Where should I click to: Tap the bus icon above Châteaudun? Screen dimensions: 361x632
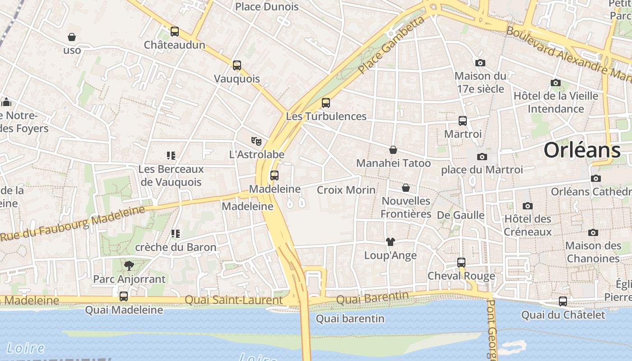coord(175,32)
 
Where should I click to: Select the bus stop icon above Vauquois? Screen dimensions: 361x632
coord(237,65)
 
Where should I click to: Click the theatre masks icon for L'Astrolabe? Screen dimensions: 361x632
coord(256,141)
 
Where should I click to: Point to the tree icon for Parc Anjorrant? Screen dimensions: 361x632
coord(129,266)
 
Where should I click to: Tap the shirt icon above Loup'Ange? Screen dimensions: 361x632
coord(390,242)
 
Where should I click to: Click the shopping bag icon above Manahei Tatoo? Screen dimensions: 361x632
coord(393,150)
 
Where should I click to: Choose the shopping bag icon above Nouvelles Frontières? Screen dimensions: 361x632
coord(406,188)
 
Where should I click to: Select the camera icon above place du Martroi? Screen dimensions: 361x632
coord(482,157)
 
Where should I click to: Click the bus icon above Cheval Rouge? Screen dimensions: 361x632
coord(461,263)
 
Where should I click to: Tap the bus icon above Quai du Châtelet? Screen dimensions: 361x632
coord(563,301)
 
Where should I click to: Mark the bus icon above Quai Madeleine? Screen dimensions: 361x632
coord(124,296)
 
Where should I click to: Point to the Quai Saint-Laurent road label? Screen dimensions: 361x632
coord(234,300)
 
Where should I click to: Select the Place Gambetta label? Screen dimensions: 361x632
coord(392,46)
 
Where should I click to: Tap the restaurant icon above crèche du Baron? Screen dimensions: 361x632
coord(176,234)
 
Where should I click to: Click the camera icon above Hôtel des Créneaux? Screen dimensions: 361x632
coord(527,206)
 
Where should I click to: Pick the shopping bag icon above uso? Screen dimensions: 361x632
coord(72,37)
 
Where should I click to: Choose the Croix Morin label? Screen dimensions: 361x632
coord(346,190)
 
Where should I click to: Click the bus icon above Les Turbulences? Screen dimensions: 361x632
coord(326,103)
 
